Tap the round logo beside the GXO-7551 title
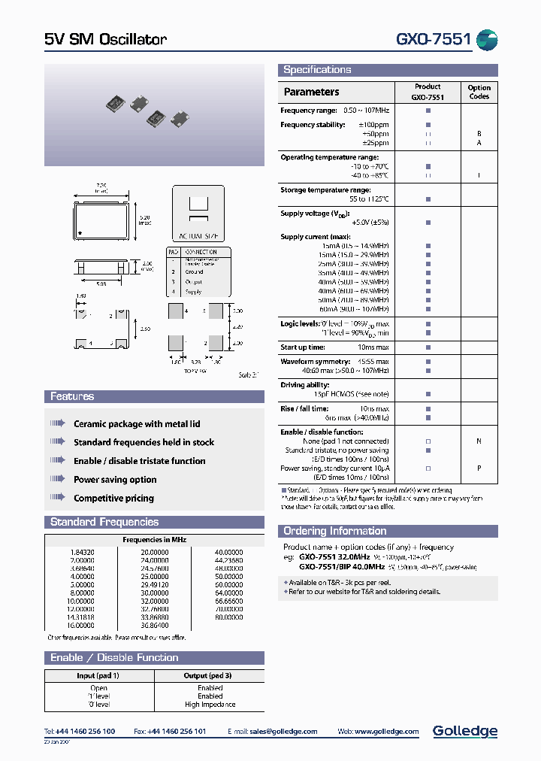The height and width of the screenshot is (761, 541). point(488,40)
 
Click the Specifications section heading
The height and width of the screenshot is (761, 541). point(317,70)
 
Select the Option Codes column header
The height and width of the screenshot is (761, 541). point(479,92)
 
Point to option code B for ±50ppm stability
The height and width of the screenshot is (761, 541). point(479,134)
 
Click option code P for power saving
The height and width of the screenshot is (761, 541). point(479,468)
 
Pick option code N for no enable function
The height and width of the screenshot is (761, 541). point(479,441)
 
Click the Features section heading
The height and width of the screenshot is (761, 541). point(72,396)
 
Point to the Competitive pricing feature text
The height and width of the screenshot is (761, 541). point(113,498)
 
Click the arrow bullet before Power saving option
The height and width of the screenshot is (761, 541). point(58,479)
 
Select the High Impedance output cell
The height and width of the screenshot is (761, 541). point(210,705)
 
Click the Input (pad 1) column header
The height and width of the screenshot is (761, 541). point(98,675)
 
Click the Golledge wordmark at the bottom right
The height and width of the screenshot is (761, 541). point(465,731)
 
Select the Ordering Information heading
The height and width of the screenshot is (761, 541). point(336,531)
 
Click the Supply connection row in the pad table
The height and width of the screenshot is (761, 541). point(193,291)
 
